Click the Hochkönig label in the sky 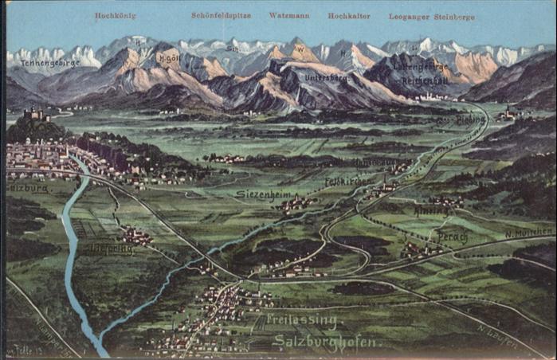point(116,15)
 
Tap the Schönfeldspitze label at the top point(221,15)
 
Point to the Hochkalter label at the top point(348,15)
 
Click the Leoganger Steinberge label point(431,16)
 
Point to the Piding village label point(470,119)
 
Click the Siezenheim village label point(261,194)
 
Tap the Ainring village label point(431,211)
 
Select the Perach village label point(452,237)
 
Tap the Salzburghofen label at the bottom point(324,342)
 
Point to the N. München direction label point(528,233)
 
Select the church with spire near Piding point(507,112)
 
